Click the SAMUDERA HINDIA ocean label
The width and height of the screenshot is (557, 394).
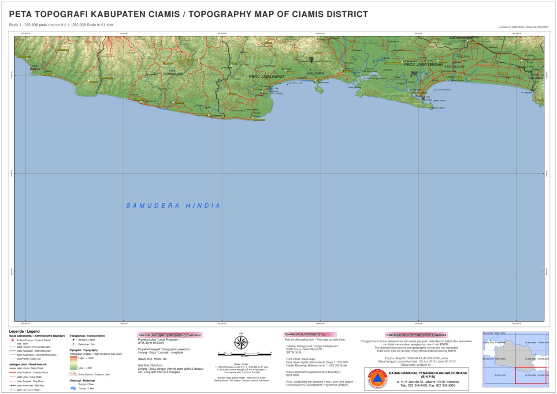click(173, 206)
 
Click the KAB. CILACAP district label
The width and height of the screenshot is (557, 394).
click(454, 67)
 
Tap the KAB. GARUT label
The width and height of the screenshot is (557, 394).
click(36, 68)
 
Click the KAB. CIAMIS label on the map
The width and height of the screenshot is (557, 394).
click(316, 73)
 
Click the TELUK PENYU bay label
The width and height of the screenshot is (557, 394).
click(443, 90)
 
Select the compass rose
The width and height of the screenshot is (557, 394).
click(241, 342)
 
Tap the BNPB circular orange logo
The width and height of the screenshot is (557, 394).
click(377, 379)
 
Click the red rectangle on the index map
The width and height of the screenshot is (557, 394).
click(531, 375)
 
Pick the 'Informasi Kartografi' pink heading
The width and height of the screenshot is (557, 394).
click(170, 335)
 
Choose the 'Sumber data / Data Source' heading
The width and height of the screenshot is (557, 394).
click(303, 334)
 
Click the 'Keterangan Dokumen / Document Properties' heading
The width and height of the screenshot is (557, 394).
click(416, 335)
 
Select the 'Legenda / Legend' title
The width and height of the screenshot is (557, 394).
click(24, 331)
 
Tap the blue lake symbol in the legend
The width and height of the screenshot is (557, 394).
click(73, 388)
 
